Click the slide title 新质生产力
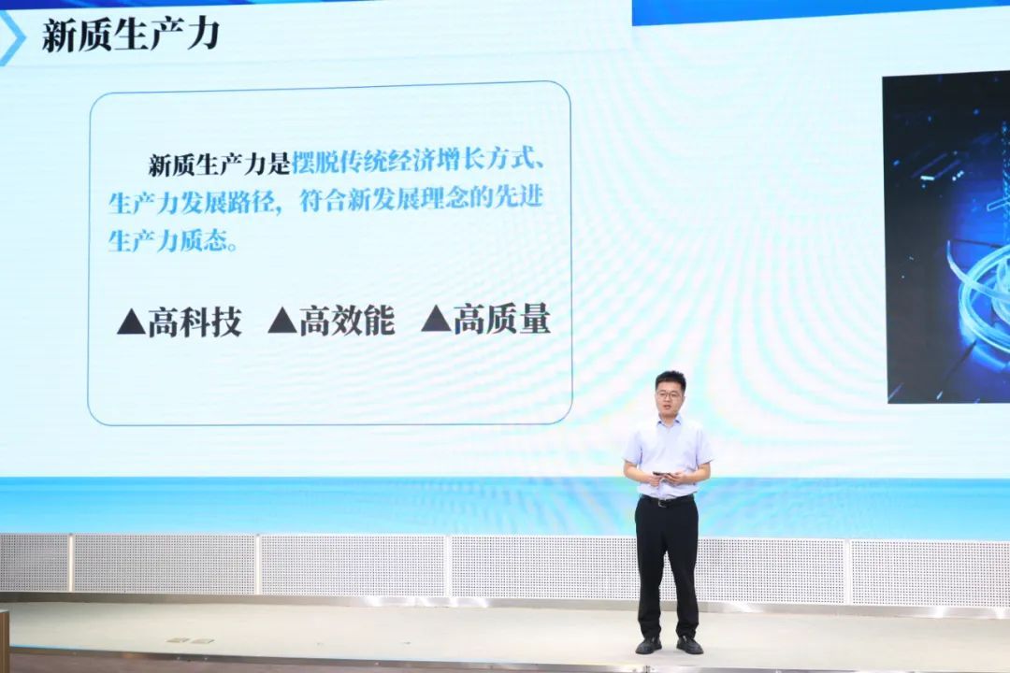131,35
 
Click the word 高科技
195,322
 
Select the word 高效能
347,321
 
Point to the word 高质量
502,319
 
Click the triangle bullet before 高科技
131,322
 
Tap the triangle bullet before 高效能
282,321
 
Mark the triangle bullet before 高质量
436,319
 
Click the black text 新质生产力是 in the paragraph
220,165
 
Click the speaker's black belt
667,500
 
